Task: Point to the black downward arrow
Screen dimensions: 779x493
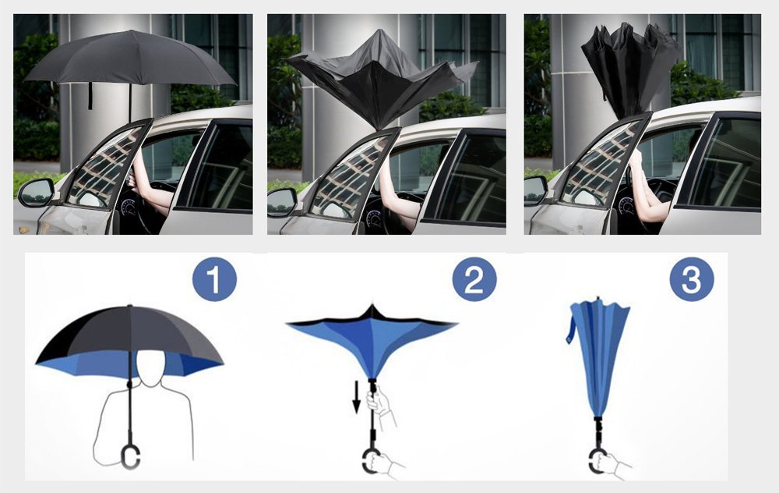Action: (356, 397)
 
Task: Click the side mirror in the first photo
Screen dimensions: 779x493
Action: (36, 193)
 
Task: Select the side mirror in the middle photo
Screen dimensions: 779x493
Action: (281, 202)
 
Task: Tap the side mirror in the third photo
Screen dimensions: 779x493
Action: (535, 190)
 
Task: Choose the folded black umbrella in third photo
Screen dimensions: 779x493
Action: (630, 67)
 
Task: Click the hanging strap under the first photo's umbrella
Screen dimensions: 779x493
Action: (90, 96)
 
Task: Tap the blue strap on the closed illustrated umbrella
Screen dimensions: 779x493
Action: (570, 328)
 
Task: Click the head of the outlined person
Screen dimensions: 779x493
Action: (150, 366)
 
